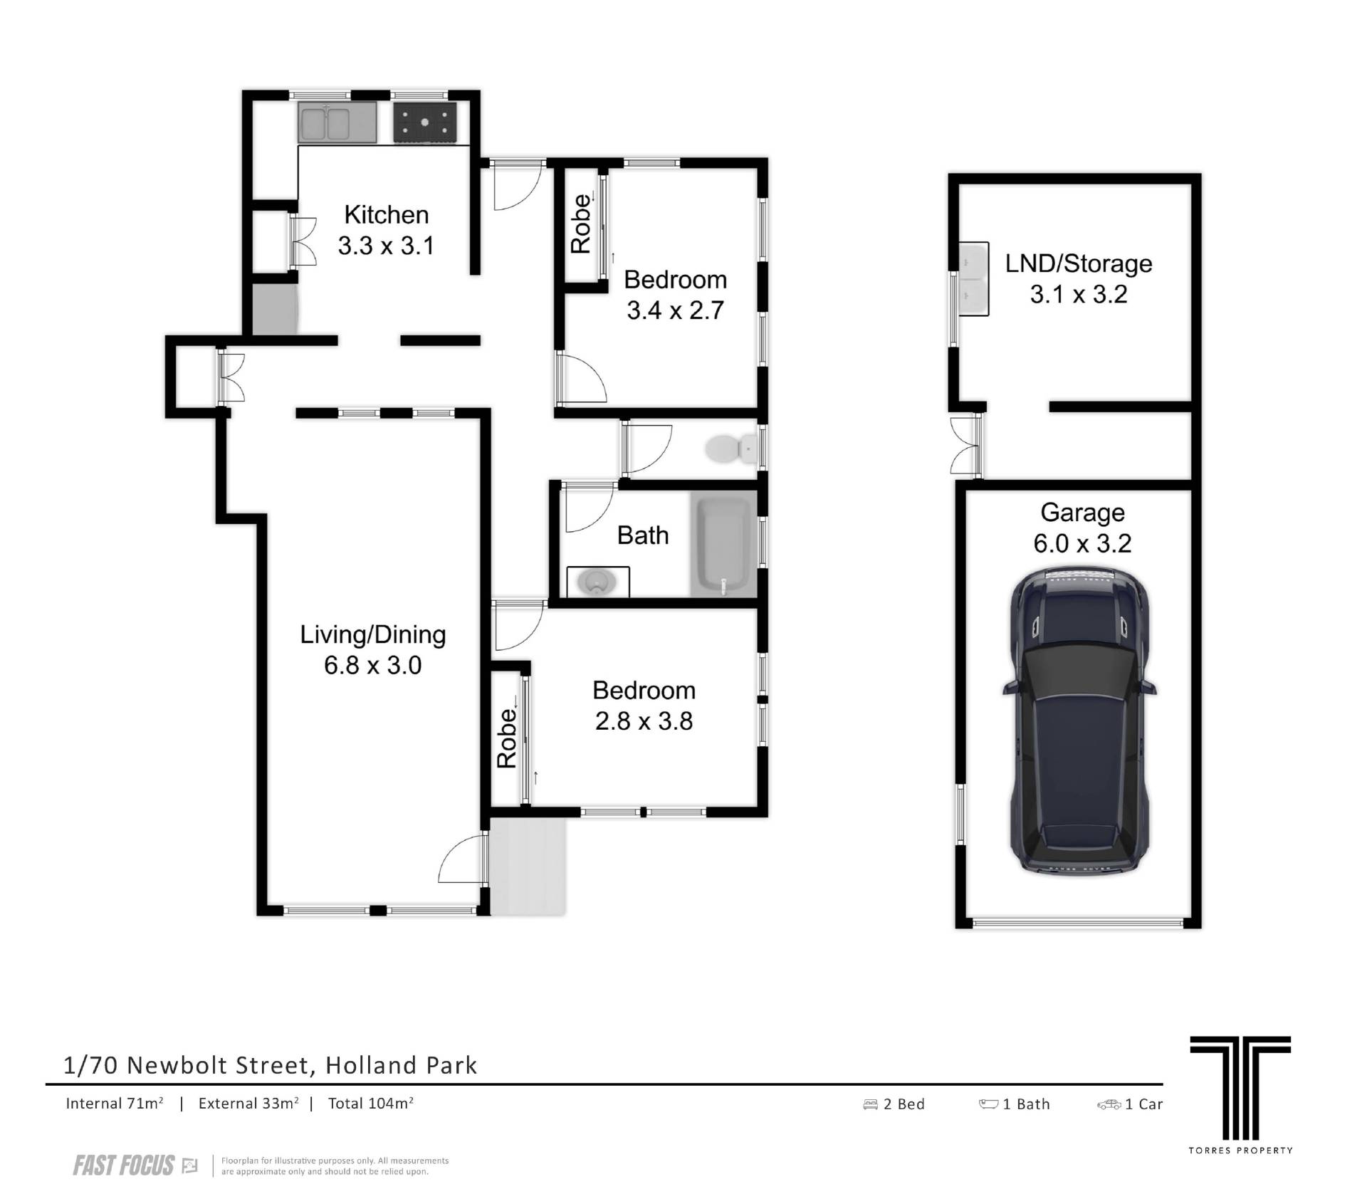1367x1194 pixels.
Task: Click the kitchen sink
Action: click(x=337, y=122)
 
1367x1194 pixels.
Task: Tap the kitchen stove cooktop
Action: click(x=426, y=123)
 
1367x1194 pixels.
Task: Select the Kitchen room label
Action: click(x=387, y=214)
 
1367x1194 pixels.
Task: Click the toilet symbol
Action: click(x=731, y=449)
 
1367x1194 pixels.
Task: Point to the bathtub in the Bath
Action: click(x=724, y=545)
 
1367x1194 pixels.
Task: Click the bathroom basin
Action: click(x=598, y=582)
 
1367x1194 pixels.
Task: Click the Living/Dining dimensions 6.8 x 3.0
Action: click(x=373, y=665)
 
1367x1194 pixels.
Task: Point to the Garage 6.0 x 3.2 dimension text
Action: click(x=1082, y=543)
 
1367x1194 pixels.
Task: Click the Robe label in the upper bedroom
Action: click(x=582, y=224)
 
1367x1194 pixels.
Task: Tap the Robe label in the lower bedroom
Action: click(x=506, y=738)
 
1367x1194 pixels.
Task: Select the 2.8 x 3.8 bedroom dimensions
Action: click(x=644, y=721)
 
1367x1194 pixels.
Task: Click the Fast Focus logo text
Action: click(x=124, y=1166)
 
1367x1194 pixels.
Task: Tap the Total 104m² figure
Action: click(x=371, y=1104)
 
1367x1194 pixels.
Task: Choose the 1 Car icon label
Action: click(x=1130, y=1104)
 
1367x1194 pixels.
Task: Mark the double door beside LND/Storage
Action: click(x=967, y=446)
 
